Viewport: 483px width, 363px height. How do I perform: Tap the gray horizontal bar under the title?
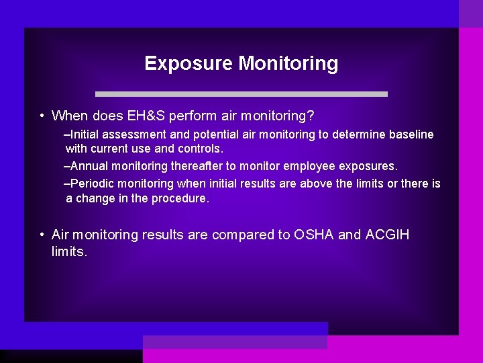coord(241,94)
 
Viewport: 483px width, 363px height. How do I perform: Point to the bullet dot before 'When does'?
coord(42,116)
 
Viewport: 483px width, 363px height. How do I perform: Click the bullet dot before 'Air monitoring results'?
coord(42,235)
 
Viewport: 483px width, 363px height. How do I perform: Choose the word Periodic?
coord(92,184)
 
